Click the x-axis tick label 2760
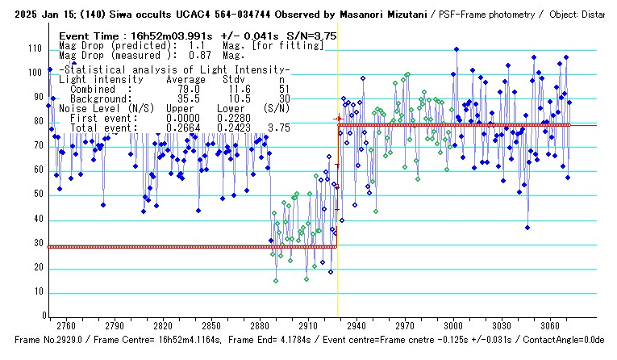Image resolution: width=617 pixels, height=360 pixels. coord(66,325)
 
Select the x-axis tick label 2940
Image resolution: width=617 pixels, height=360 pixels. coord(356,325)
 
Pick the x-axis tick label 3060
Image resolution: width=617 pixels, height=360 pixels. coord(550,325)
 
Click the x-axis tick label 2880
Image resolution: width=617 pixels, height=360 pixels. coord(260,325)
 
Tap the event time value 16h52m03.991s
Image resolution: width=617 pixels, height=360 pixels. coord(174,36)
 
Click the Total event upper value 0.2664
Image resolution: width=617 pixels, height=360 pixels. coord(181,128)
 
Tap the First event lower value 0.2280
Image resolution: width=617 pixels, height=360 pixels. coord(232,118)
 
